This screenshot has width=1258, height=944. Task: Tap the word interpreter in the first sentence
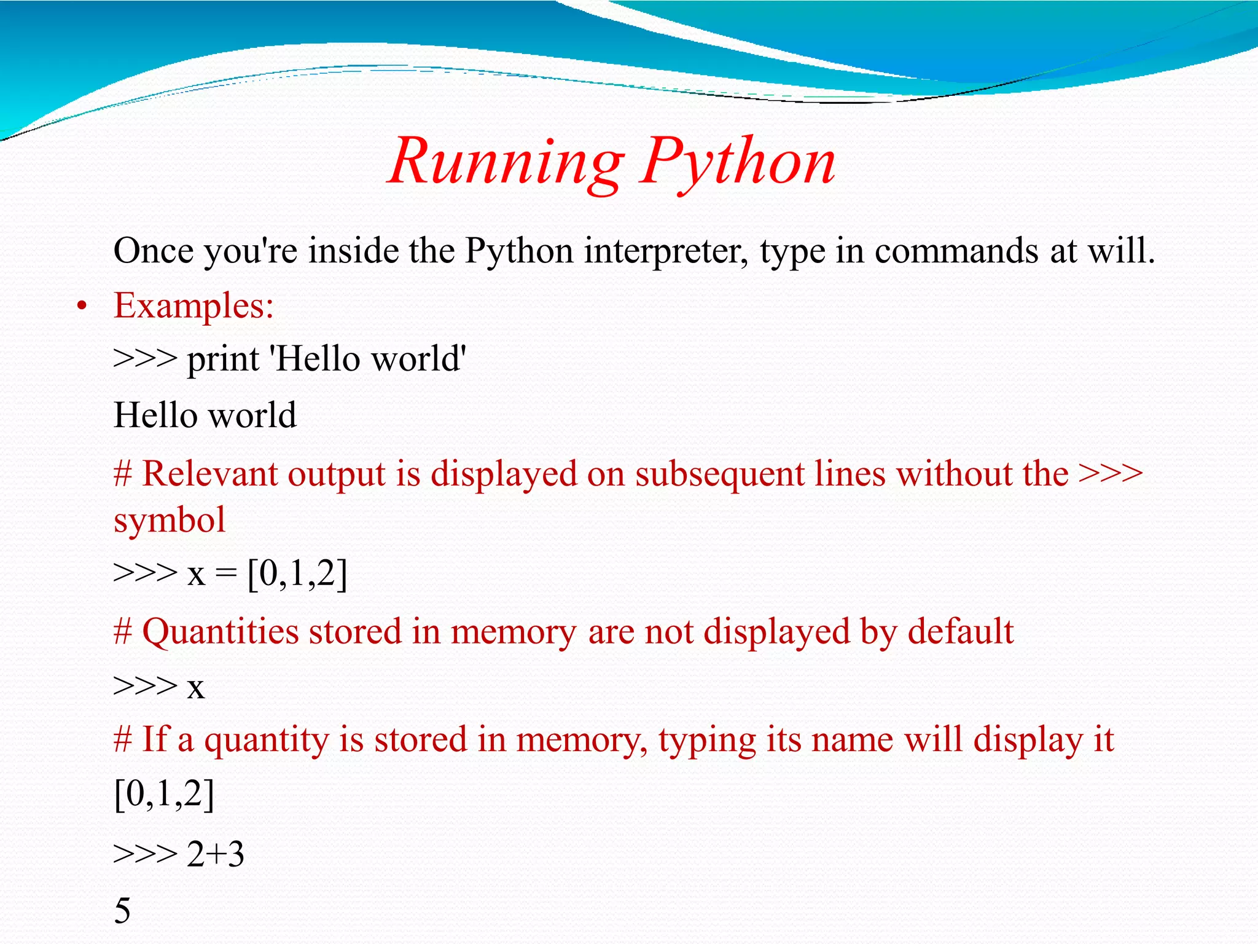click(x=666, y=251)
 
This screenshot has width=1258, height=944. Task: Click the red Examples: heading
click(x=193, y=305)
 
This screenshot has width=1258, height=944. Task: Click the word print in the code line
click(x=223, y=360)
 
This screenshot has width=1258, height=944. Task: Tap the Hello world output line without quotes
click(x=205, y=415)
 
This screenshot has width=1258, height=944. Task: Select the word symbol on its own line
click(x=170, y=520)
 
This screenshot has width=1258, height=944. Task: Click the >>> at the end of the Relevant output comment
click(x=1111, y=474)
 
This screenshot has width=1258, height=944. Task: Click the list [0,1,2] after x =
click(x=297, y=574)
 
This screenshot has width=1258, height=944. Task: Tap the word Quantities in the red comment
click(x=221, y=632)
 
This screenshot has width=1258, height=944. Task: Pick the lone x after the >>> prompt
click(x=195, y=687)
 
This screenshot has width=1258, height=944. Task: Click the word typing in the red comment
click(x=707, y=739)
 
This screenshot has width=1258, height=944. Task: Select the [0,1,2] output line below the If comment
click(x=164, y=794)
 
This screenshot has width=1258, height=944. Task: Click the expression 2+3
click(x=215, y=854)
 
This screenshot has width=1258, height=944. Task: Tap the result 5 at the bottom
click(x=122, y=910)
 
